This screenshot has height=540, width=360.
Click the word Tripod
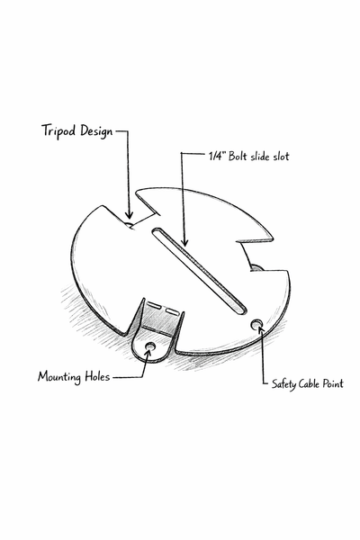[59, 131]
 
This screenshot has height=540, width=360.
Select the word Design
[97, 132]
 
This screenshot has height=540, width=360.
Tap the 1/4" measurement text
[217, 157]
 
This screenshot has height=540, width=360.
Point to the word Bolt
[238, 157]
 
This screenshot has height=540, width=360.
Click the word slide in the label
[260, 157]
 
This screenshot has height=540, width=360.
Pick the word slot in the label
[281, 157]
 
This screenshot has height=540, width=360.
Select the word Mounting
[59, 377]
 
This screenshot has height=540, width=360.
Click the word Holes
[97, 376]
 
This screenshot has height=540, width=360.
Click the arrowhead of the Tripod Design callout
[129, 215]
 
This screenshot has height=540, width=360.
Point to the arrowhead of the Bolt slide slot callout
[185, 242]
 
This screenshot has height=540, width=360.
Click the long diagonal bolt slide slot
[199, 271]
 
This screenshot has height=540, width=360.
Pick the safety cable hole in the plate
[256, 324]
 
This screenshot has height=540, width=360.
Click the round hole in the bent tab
[150, 346]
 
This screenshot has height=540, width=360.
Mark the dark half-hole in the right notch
[256, 267]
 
